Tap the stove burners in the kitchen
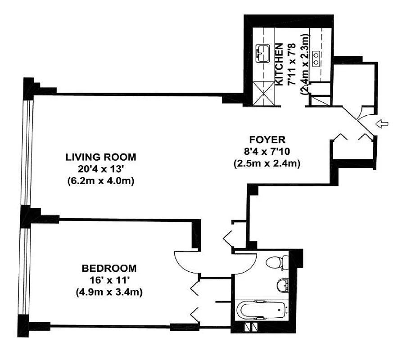click(x=317, y=56)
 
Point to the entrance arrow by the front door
click(x=382, y=124)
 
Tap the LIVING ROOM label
click(x=100, y=157)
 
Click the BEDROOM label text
click(x=109, y=269)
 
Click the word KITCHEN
click(x=279, y=64)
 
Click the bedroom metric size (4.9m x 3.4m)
click(x=109, y=292)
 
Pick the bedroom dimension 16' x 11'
click(x=109, y=280)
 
